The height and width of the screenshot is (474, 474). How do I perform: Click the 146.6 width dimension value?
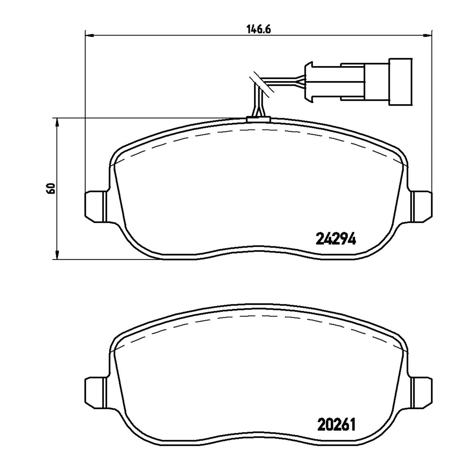(x=258, y=30)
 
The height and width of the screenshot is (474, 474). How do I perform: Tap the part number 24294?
(x=336, y=239)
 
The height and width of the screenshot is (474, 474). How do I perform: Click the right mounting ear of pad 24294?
(x=422, y=207)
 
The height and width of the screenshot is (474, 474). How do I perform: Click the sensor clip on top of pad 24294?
(x=258, y=119)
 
